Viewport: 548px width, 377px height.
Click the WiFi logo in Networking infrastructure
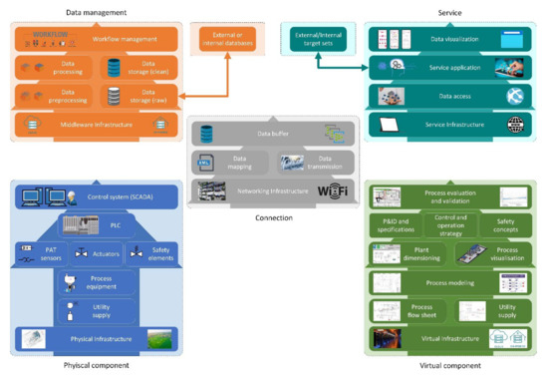coord(335,190)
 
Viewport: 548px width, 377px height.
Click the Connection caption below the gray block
coord(273,217)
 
